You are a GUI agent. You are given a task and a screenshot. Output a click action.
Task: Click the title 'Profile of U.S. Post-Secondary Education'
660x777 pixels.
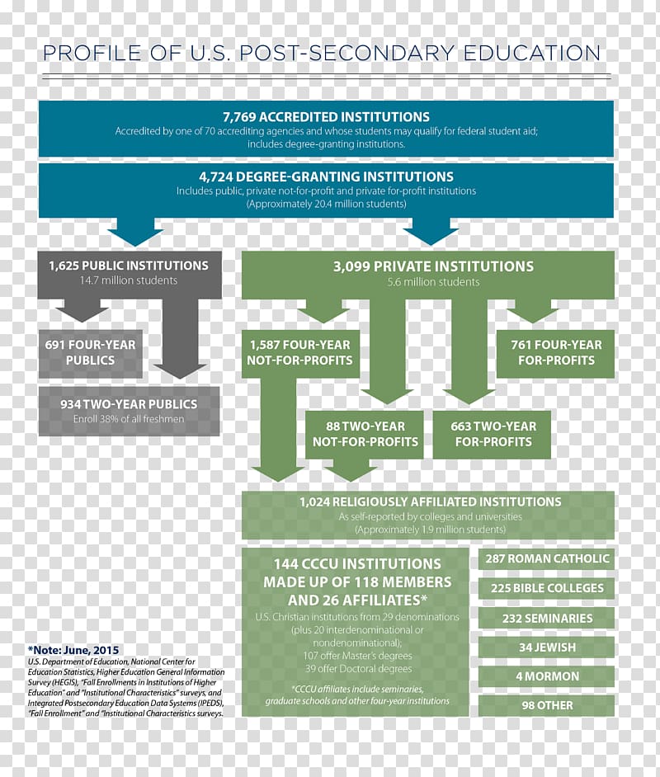(x=322, y=53)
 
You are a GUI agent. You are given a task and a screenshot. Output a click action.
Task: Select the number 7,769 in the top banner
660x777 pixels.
(x=239, y=117)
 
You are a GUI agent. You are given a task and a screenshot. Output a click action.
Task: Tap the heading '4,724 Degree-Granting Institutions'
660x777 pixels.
(x=326, y=177)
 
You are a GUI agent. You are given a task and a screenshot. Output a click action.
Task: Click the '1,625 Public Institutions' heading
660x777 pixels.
(x=129, y=266)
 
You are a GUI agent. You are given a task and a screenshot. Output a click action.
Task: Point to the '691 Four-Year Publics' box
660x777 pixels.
(x=90, y=353)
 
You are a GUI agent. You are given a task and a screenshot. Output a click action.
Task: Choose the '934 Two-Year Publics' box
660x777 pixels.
(x=129, y=411)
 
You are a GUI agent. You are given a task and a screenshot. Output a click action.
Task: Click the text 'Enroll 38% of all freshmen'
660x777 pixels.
(x=129, y=419)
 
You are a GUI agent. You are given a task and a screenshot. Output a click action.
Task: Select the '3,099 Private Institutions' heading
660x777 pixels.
(x=434, y=266)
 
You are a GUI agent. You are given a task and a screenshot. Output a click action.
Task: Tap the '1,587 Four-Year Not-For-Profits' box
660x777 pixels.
(x=300, y=353)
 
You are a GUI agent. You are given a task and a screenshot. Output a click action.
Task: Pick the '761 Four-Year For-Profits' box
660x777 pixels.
(x=555, y=353)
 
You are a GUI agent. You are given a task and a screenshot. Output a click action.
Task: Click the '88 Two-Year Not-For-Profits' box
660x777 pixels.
(x=365, y=434)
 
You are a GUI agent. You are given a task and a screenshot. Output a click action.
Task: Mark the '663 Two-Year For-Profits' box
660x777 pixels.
(x=492, y=434)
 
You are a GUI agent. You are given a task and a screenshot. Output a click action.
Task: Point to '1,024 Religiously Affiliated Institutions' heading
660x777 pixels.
(x=430, y=502)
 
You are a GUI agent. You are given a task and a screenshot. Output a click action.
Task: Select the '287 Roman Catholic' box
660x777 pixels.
(x=546, y=558)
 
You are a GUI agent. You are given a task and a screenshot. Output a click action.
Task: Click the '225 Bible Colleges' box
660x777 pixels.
(x=546, y=588)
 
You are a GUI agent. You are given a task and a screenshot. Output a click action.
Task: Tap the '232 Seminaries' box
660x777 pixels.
(x=546, y=618)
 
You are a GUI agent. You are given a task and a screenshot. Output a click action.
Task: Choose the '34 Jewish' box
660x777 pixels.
(x=546, y=647)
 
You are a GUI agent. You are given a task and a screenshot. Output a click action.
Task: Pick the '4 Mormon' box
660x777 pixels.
(x=546, y=676)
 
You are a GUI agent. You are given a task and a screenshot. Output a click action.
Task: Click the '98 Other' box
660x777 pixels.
(x=546, y=705)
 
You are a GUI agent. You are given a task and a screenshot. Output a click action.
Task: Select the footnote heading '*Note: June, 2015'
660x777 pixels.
(x=73, y=650)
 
